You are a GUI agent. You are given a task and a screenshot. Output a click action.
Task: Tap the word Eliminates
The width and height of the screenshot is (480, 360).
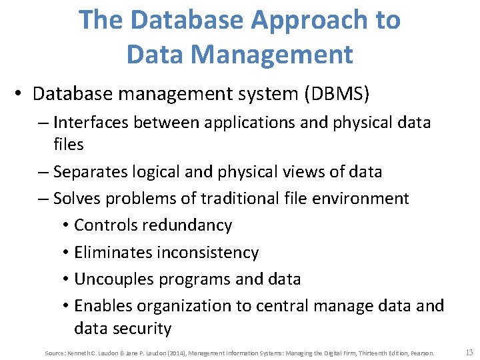coord(113,253)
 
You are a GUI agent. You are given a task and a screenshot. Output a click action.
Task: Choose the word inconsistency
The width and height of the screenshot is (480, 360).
coord(208,253)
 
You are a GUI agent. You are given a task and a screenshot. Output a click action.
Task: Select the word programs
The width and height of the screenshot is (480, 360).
coord(191,279)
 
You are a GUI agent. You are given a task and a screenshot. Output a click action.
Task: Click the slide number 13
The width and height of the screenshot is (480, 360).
coord(469,352)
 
